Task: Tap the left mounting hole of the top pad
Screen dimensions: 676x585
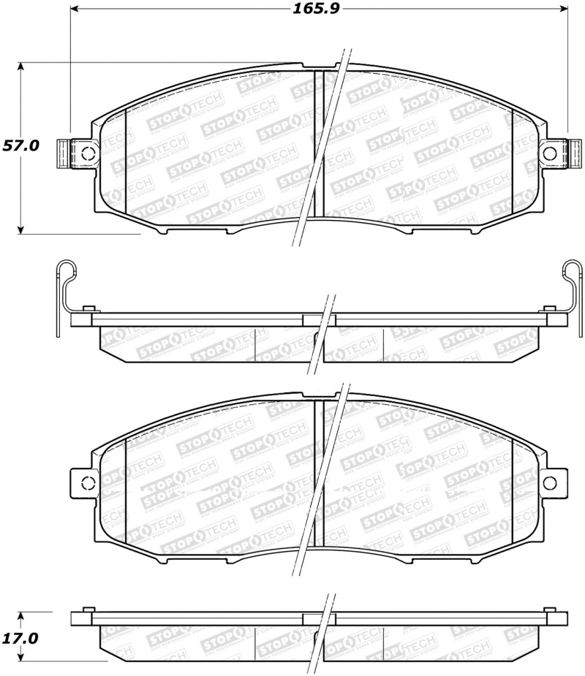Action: pyautogui.click(x=87, y=153)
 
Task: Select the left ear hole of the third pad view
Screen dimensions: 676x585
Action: pyautogui.click(x=87, y=482)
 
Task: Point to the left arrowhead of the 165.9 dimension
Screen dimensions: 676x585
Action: pyautogui.click(x=74, y=10)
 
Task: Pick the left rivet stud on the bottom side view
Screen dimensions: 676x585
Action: pyautogui.click(x=87, y=609)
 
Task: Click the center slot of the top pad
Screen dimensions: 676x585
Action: pyautogui.click(x=318, y=143)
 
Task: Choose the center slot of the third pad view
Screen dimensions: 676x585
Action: pyautogui.click(x=318, y=471)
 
